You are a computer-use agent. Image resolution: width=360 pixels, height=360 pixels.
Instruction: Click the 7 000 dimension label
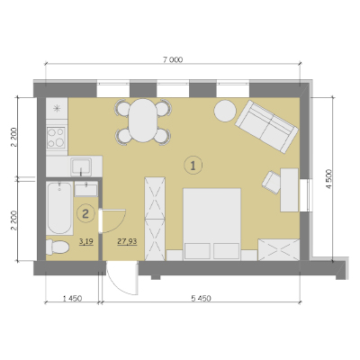(173, 59)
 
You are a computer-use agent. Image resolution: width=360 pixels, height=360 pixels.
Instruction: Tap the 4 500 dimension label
(329, 179)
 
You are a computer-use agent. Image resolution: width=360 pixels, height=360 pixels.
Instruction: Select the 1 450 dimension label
(72, 299)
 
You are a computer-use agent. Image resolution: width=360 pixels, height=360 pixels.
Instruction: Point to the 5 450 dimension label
(201, 299)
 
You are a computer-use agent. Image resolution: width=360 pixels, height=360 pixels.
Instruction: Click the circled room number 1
(193, 165)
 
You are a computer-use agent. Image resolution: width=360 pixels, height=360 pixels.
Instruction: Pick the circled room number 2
(85, 213)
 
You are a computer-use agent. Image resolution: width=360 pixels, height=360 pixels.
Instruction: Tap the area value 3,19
(86, 241)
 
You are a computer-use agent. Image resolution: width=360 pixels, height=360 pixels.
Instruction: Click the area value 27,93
(127, 241)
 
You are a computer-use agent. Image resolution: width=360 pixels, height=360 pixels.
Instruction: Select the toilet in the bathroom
(58, 247)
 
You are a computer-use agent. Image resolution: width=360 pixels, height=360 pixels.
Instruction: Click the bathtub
(59, 208)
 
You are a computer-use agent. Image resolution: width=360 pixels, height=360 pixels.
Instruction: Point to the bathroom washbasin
(85, 190)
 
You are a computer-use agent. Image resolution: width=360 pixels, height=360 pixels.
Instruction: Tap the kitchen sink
(81, 166)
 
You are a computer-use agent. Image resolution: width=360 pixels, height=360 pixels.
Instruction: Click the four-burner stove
(57, 137)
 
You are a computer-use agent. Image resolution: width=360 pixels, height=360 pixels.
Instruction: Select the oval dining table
(143, 121)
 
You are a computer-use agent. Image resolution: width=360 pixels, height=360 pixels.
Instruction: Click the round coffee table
(225, 111)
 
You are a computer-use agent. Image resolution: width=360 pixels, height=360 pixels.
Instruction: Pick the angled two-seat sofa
(266, 127)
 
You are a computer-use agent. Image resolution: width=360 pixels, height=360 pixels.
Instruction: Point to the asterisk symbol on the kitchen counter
(57, 108)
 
